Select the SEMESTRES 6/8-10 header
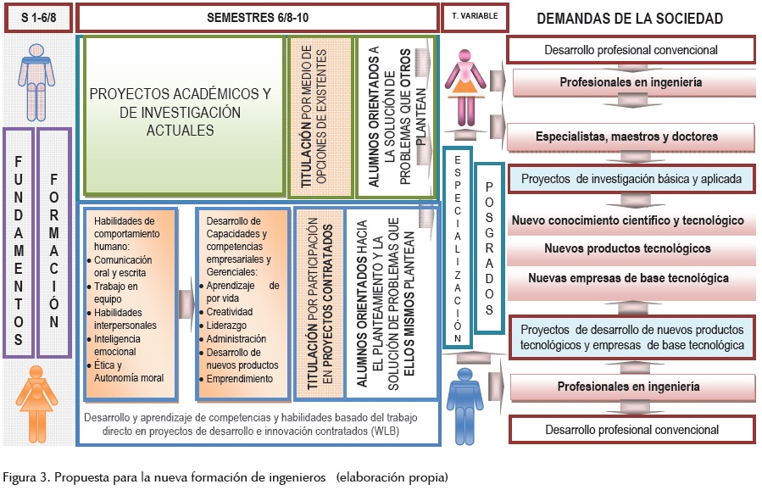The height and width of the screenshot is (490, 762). pyautogui.click(x=258, y=18)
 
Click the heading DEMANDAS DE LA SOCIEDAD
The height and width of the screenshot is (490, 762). pyautogui.click(x=630, y=18)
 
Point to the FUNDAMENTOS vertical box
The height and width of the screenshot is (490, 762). pyautogui.click(x=19, y=242)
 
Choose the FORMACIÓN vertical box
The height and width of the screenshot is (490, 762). pyautogui.click(x=54, y=242)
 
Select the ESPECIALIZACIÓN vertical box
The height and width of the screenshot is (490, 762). pyautogui.click(x=457, y=247)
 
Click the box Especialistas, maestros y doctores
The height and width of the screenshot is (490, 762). pyautogui.click(x=626, y=136)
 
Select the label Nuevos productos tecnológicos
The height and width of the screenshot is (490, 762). pyautogui.click(x=628, y=248)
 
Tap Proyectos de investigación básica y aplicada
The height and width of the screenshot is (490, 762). pyautogui.click(x=631, y=179)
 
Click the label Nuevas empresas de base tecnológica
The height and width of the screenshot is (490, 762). pyautogui.click(x=628, y=277)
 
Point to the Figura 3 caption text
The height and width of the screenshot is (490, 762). pyautogui.click(x=224, y=477)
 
